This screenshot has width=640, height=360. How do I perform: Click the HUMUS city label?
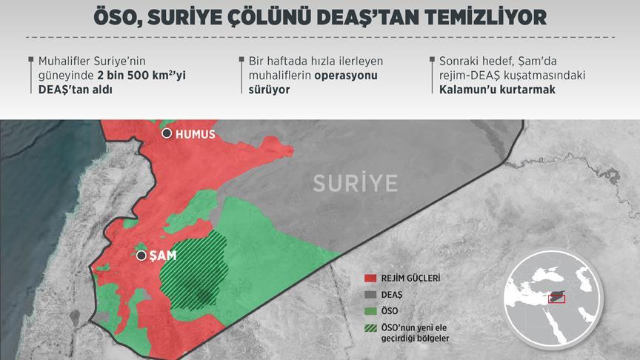(x=196, y=134)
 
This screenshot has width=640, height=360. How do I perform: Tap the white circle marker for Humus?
(x=167, y=133)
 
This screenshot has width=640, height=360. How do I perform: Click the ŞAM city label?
(x=162, y=256)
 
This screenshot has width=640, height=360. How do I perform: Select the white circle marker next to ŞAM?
(x=141, y=256)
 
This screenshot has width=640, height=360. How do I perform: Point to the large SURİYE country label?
(x=355, y=183)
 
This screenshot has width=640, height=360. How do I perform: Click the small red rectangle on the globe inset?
(x=555, y=299)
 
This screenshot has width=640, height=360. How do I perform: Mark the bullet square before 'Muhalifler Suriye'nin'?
(x=30, y=59)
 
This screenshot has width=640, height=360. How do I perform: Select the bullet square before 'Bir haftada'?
(x=241, y=59)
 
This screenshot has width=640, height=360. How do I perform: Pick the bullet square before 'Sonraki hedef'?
(x=432, y=59)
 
